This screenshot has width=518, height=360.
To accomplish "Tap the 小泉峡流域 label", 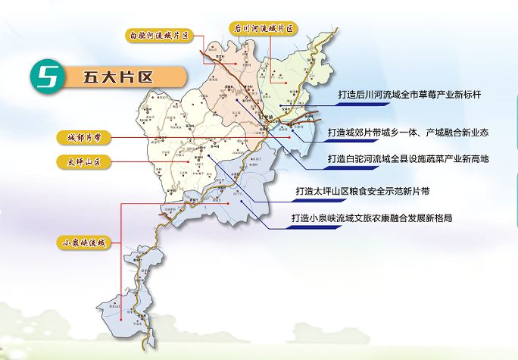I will click(x=86, y=243).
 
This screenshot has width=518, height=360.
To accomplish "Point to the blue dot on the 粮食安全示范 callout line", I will click(x=207, y=157).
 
